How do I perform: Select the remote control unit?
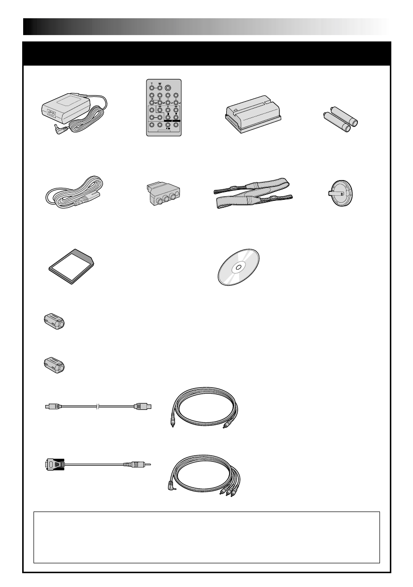point(163,107)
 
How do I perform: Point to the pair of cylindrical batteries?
point(341,120)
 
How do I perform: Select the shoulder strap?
point(253,194)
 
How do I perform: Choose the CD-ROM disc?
point(239,267)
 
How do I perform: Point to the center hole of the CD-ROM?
point(238,268)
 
